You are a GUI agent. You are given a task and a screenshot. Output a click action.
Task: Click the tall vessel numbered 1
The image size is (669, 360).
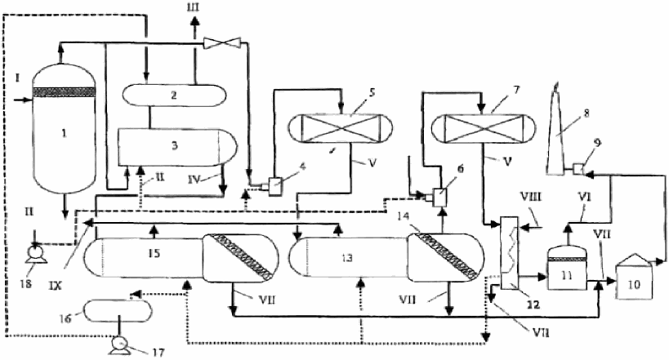(x=64, y=128)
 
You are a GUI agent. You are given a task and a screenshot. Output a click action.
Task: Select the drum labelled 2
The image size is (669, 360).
(x=175, y=95)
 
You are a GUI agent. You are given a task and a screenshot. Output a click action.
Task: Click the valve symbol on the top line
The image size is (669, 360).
(x=222, y=42)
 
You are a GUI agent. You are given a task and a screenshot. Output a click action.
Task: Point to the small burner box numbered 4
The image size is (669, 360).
(x=271, y=186)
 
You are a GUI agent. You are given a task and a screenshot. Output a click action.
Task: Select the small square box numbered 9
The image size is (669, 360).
(x=578, y=169)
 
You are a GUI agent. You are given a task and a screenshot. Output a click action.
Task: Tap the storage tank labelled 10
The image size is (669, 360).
(x=634, y=277)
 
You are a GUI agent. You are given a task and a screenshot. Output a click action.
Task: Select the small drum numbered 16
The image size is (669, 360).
(x=118, y=311)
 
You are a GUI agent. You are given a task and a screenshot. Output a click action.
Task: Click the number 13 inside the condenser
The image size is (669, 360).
(x=347, y=258)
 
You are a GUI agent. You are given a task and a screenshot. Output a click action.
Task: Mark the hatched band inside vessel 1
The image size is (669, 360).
(x=64, y=91)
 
